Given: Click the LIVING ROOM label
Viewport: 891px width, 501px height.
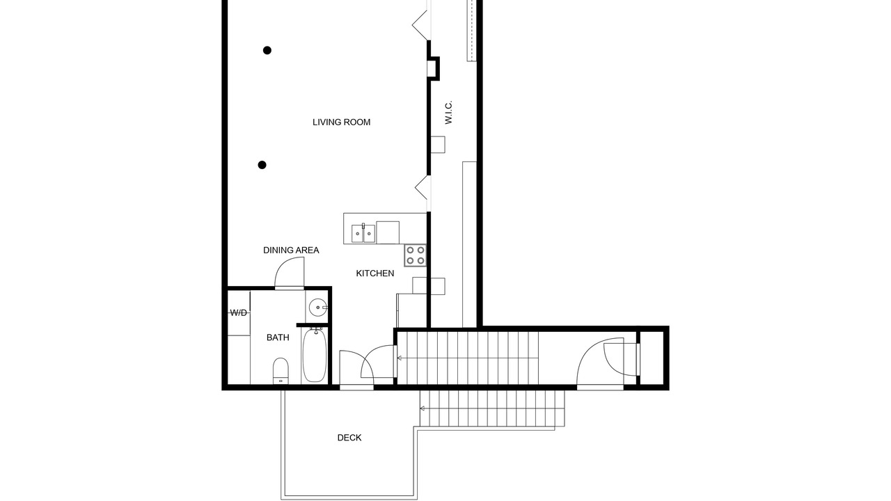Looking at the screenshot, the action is click(341, 122).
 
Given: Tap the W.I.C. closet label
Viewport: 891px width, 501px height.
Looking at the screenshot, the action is click(449, 113).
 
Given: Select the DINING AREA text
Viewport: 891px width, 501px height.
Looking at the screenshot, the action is click(291, 250).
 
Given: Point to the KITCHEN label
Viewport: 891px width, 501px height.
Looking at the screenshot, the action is click(375, 273).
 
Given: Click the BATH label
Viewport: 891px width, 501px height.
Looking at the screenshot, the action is click(278, 337).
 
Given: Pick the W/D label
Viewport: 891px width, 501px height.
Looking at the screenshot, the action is click(239, 313).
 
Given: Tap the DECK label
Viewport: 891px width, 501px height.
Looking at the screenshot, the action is click(349, 438).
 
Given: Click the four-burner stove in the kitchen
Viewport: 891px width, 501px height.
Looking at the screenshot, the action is click(416, 255).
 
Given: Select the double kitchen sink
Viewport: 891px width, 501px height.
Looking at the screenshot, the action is click(363, 233).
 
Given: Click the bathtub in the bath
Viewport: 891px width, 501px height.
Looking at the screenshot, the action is click(314, 355).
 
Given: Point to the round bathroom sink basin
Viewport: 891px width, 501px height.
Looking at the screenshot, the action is click(318, 308).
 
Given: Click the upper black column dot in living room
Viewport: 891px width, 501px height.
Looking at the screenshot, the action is click(267, 50).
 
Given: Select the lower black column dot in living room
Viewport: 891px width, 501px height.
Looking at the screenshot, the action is click(262, 165).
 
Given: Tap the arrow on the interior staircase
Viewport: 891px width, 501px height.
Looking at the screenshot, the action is click(400, 358).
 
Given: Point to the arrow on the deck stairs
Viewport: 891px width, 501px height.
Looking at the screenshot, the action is click(423, 408).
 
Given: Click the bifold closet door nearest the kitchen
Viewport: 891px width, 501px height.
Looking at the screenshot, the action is click(423, 188).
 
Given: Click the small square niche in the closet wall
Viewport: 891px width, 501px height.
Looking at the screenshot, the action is click(433, 68).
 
